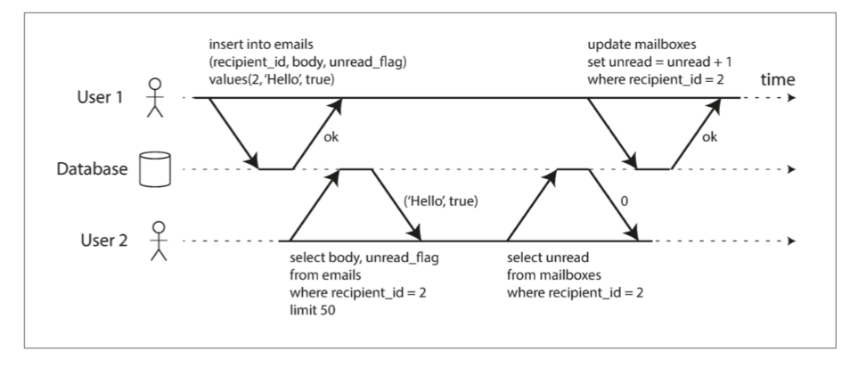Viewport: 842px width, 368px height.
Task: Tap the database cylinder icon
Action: (x=154, y=169)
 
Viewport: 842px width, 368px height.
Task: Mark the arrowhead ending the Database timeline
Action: (x=790, y=169)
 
